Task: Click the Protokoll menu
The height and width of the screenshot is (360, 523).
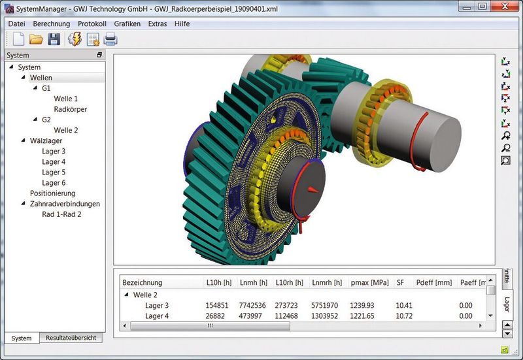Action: coord(92,24)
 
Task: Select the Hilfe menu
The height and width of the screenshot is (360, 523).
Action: coord(182,24)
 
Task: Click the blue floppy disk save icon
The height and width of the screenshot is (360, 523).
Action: coord(54,39)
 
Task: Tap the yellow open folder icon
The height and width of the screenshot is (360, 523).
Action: coord(36,39)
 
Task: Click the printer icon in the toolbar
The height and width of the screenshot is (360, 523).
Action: coord(110,39)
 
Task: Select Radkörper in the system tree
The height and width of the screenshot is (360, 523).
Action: coord(70,109)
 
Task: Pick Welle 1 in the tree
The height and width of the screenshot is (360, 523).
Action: coord(65,99)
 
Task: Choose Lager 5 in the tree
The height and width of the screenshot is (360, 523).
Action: coord(54,172)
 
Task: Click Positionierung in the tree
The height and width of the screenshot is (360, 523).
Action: coord(52,193)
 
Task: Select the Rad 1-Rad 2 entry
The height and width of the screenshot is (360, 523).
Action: coord(61,214)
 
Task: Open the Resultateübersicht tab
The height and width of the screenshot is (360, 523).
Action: coord(71,338)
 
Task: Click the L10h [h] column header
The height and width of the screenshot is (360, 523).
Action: coord(220,283)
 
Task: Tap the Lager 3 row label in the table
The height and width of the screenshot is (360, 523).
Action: coord(157,306)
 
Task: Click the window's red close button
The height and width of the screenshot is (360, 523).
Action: coord(505,6)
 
